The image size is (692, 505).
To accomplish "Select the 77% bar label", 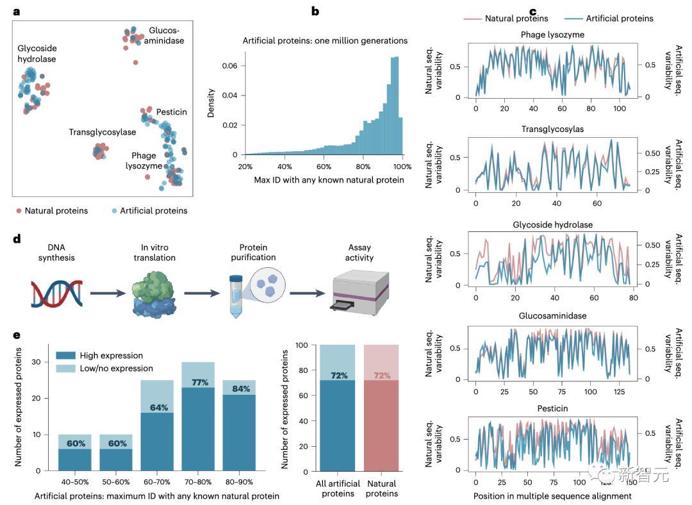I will point(198,383).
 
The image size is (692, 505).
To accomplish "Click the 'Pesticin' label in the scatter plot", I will point(172,112).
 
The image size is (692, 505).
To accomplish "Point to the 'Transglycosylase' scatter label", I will point(103,132).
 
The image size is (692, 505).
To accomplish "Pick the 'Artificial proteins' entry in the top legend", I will point(620,18).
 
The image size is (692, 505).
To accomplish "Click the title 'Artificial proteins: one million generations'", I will point(325,40).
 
